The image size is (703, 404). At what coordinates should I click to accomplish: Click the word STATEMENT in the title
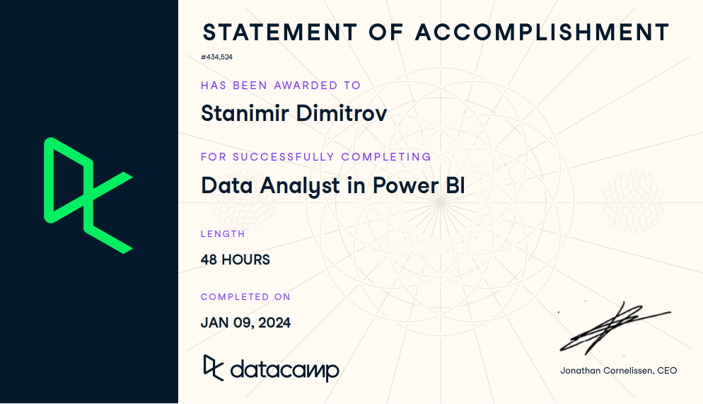[280, 33]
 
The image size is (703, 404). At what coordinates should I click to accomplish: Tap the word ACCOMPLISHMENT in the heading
[542, 33]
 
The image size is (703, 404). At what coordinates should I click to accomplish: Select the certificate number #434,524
[216, 57]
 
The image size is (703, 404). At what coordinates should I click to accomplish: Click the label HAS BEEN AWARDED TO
[281, 85]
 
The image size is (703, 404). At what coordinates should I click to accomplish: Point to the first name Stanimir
[245, 113]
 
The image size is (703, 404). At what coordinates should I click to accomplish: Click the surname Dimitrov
[341, 113]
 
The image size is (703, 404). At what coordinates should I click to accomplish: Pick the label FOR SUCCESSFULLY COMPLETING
[316, 157]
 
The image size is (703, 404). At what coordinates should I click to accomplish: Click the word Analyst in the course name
[300, 186]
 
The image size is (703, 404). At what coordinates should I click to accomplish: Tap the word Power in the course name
[405, 185]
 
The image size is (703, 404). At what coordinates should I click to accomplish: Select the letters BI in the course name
[455, 185]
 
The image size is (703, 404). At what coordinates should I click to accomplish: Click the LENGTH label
[223, 234]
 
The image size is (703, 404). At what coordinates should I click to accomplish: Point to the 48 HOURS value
[236, 260]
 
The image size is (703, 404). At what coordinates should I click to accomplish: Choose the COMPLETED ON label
[245, 297]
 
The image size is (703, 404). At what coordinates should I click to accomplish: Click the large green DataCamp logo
[88, 195]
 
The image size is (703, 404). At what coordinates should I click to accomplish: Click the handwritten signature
[615, 328]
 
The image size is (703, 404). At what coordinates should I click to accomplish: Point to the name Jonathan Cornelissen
[606, 371]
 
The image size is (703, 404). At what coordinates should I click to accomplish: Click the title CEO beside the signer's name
[667, 371]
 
